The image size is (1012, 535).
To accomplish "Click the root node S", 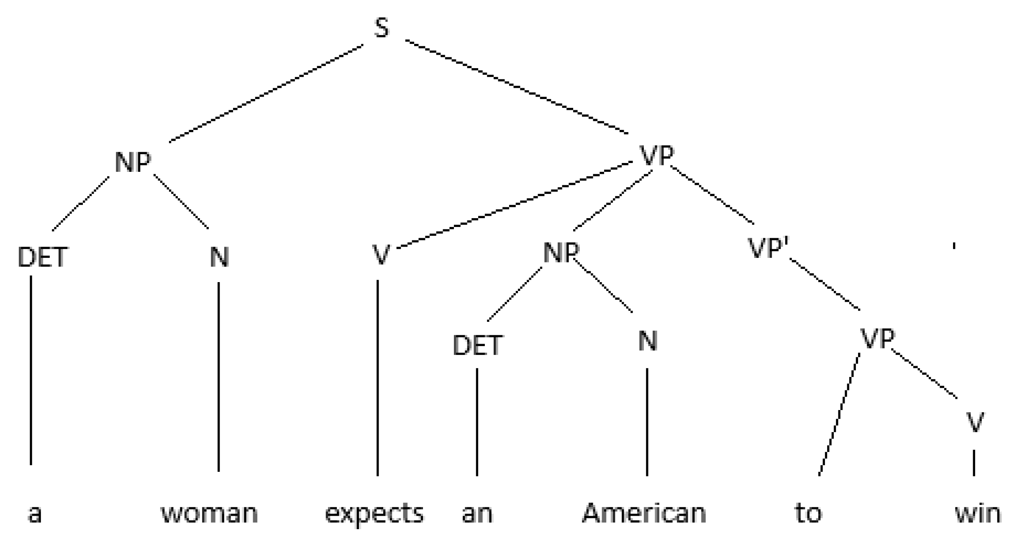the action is (381, 28).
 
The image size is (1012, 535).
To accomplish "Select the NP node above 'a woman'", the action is (133, 162).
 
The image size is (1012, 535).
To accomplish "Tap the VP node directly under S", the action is (657, 155).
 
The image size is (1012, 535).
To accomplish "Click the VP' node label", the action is (768, 248).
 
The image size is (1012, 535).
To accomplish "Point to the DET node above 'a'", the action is (42, 257).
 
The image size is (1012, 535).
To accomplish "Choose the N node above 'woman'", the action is (219, 257).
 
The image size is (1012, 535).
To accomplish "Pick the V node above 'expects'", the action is (380, 254).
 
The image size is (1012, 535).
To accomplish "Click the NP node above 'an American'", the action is (561, 252).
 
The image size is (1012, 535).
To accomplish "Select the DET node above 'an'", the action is (477, 345).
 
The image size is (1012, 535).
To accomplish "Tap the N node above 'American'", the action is (648, 341).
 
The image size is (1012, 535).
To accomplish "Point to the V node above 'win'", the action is (975, 422).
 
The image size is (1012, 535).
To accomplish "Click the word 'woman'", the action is (209, 513).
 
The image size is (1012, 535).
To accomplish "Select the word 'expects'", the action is (374, 513).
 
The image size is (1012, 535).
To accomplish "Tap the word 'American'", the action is (644, 513).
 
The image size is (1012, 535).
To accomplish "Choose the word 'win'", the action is (978, 513).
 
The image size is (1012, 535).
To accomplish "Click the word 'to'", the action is (808, 513).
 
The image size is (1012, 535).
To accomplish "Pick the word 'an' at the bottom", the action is (477, 513).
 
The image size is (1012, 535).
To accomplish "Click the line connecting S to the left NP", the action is (266, 93).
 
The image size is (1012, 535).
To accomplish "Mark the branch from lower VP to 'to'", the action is (839, 414).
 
